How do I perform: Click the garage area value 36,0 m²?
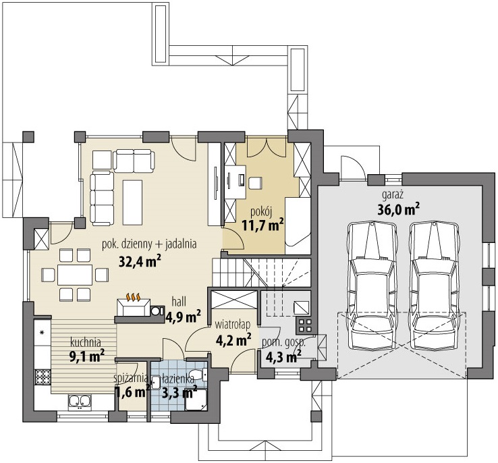(398, 209)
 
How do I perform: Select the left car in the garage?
(372, 285)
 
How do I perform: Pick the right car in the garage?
(434, 285)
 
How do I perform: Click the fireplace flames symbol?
(134, 297)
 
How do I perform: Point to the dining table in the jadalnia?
(75, 275)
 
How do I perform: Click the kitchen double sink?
(80, 401)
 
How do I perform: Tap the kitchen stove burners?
(43, 377)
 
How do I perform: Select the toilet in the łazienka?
(198, 374)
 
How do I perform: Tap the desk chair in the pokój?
(255, 184)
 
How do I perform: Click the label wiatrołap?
(233, 325)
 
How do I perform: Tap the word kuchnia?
(86, 342)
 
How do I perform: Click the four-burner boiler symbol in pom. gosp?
(304, 325)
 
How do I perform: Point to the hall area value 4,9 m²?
(184, 317)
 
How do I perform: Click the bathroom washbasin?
(156, 383)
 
